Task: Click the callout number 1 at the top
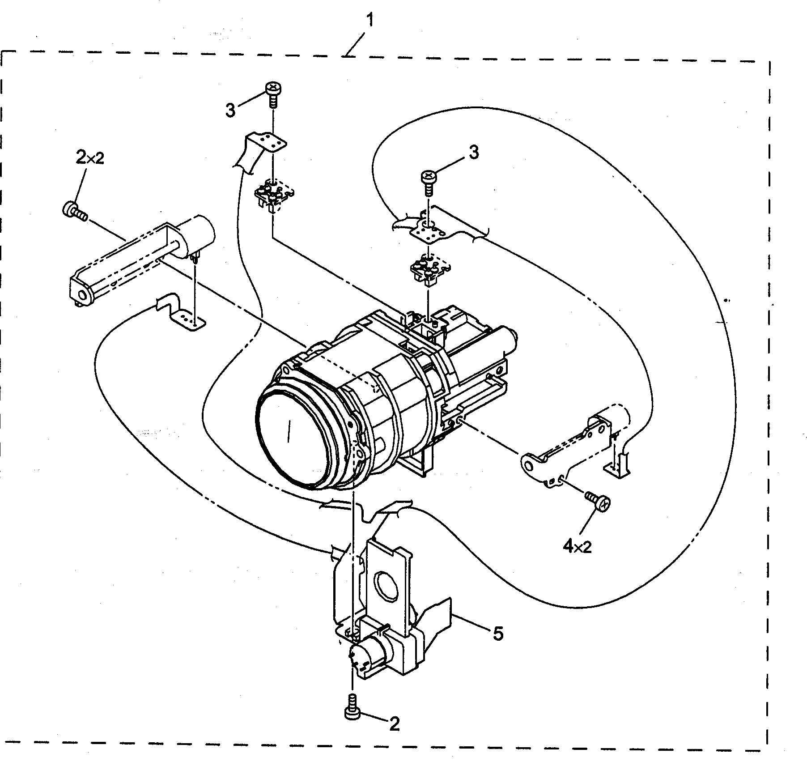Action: pyautogui.click(x=370, y=21)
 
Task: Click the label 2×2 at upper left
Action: pyautogui.click(x=90, y=158)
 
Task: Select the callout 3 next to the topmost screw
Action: pyautogui.click(x=230, y=110)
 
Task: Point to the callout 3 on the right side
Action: pyautogui.click(x=474, y=152)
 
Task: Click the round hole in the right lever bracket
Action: pyautogui.click(x=530, y=466)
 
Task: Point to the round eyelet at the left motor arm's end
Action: pyautogui.click(x=82, y=295)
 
